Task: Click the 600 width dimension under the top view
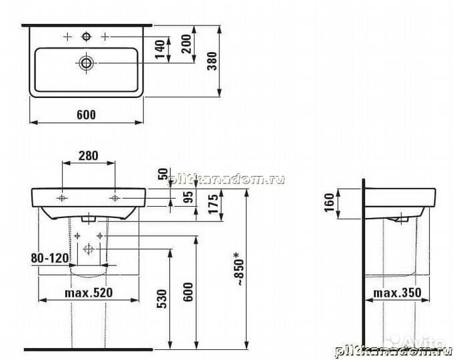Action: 86,115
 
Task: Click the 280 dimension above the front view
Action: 88,156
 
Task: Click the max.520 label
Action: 89,293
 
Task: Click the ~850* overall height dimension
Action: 237,271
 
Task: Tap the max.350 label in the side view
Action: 395,293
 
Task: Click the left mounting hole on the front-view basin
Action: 62,199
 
